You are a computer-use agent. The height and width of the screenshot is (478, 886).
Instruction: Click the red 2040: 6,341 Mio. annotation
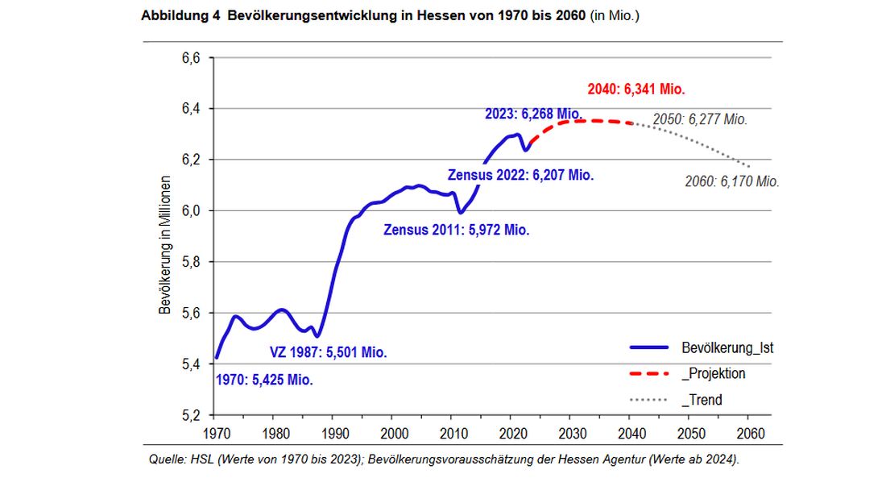[x=637, y=89]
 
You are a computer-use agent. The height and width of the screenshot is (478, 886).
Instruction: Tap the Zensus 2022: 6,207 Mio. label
[x=521, y=175]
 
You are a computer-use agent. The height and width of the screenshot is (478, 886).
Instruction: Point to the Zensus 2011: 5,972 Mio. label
[x=456, y=230]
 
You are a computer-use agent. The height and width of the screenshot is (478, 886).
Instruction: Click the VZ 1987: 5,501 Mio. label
[x=328, y=352]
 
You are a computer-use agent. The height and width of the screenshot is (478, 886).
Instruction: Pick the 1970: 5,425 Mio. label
[x=264, y=380]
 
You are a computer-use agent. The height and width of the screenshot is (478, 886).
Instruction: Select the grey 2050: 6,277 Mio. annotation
[x=699, y=119]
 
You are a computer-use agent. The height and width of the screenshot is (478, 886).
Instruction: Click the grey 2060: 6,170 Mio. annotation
[x=731, y=181]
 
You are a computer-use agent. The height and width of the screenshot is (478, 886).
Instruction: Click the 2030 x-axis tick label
[x=569, y=434]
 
